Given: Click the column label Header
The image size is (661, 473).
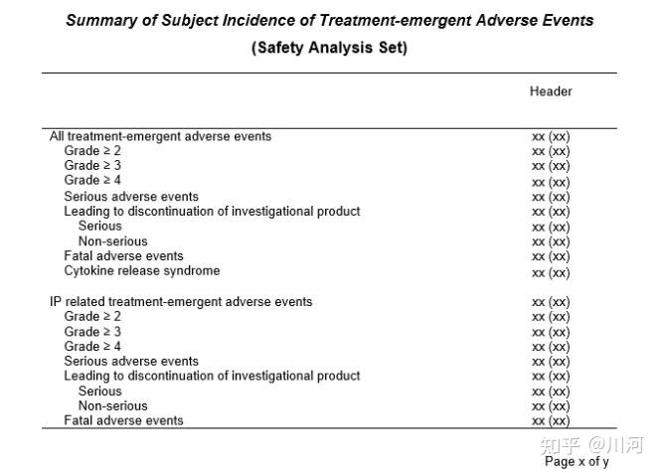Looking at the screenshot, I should click(551, 91).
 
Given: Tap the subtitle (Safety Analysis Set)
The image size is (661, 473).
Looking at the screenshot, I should click(329, 48).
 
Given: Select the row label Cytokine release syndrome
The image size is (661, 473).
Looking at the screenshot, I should click(142, 271).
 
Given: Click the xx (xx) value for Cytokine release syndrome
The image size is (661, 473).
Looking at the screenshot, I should click(551, 272).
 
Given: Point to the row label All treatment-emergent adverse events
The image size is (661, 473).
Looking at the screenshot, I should click(160, 136).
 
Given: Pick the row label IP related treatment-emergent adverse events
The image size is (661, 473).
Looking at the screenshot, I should click(181, 301).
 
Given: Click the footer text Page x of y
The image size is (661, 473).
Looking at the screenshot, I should click(577, 461).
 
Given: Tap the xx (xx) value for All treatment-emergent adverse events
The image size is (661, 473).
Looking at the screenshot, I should click(551, 136).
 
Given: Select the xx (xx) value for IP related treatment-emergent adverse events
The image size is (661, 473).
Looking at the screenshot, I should click(551, 302).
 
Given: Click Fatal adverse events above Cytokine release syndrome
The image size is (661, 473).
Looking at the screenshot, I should click(123, 256).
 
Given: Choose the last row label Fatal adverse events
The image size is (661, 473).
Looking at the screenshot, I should click(123, 420).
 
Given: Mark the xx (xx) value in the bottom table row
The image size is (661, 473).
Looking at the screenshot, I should click(551, 421).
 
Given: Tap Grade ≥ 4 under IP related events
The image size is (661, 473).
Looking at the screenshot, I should click(92, 347).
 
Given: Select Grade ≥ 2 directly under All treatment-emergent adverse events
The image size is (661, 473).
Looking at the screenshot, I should click(92, 151).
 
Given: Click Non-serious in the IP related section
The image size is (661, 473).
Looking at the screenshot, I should click(112, 405).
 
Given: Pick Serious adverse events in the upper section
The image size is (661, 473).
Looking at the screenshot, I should click(131, 197).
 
